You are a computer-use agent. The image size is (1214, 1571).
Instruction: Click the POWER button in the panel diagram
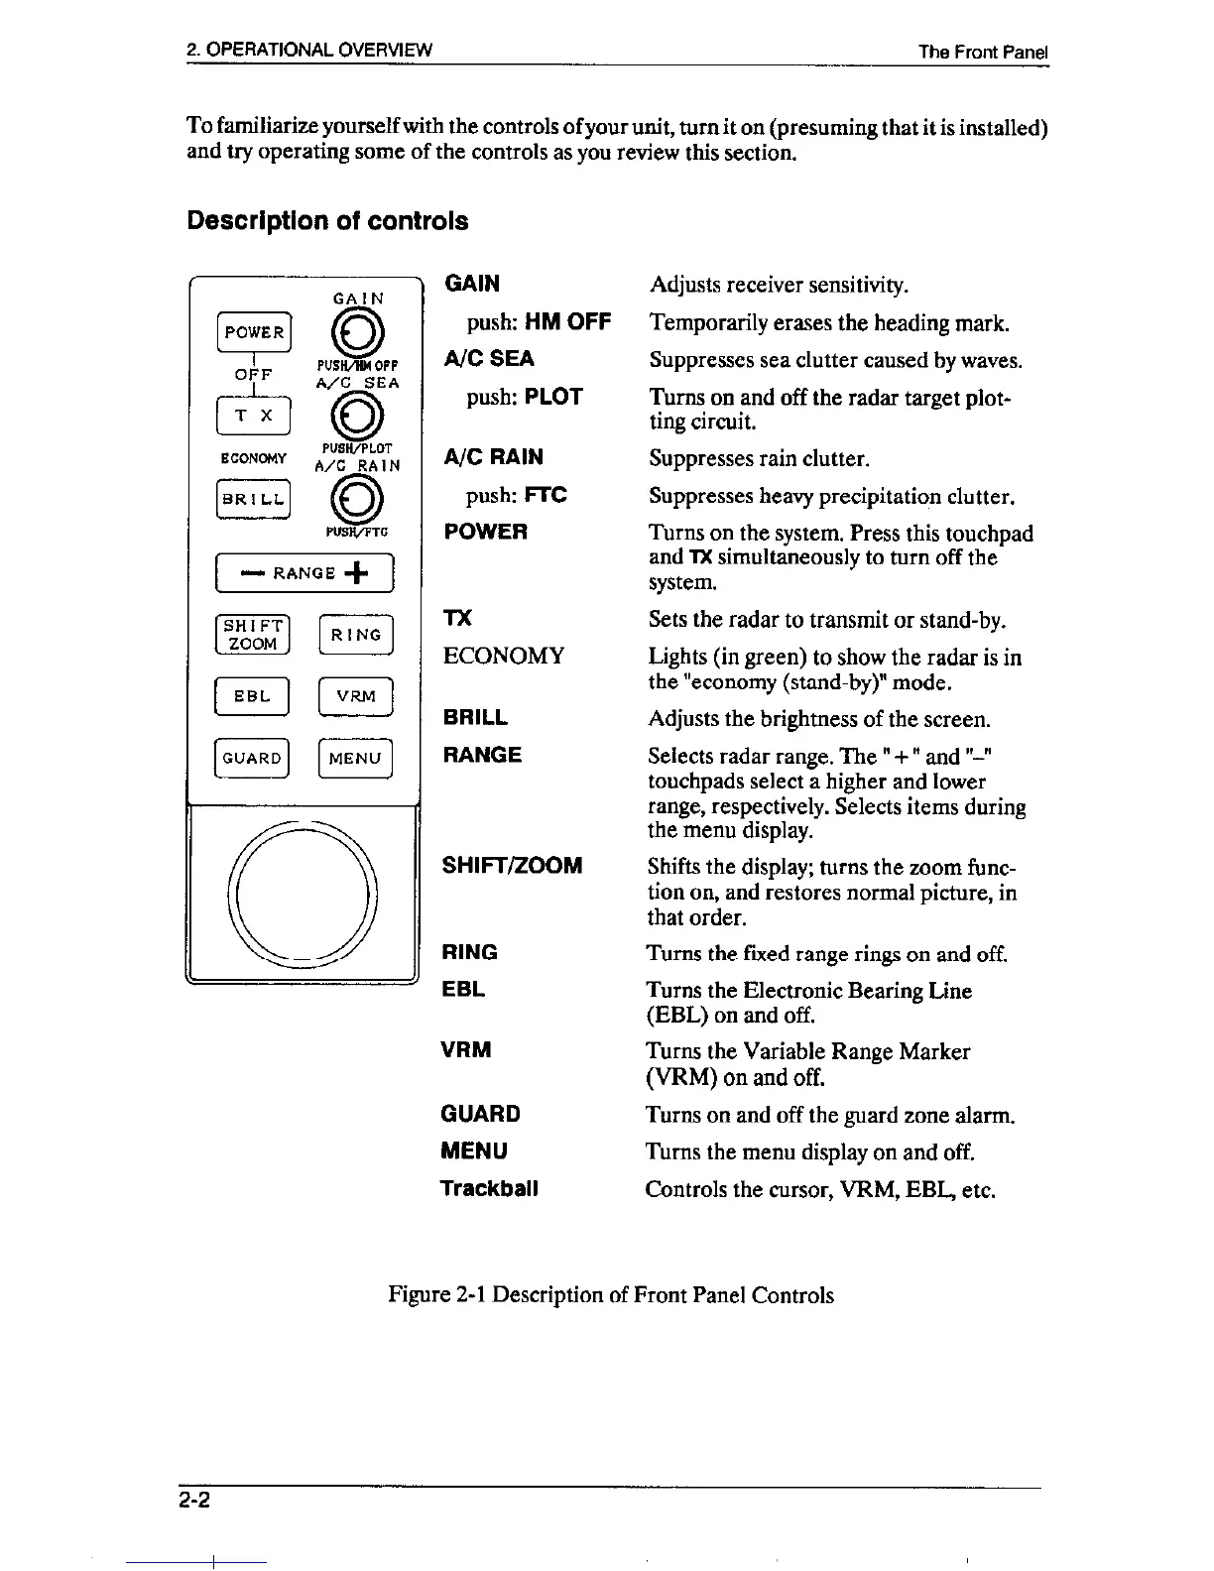tap(254, 332)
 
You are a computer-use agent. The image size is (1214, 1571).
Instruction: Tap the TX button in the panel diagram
tap(254, 416)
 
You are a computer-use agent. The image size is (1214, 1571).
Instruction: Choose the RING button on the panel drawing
tap(356, 635)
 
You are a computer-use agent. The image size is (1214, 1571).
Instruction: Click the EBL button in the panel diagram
tap(253, 696)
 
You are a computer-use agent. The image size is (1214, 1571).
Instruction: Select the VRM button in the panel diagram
tap(356, 696)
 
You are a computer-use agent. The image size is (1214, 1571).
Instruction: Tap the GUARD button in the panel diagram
tap(253, 759)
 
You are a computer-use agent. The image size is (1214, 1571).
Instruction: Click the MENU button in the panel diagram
tap(356, 759)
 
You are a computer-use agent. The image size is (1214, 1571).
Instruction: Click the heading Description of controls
tap(327, 220)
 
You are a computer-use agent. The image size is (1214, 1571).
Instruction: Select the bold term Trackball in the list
tap(489, 1188)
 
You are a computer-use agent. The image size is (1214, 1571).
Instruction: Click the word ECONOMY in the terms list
tap(504, 656)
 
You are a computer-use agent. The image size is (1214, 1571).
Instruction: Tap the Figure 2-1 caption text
tap(611, 1295)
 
